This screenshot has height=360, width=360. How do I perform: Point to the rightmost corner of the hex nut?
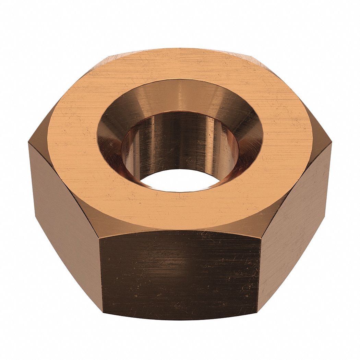coord(332,144)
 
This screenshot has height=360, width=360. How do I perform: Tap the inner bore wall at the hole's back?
coord(180,137)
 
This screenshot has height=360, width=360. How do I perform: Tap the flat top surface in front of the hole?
coord(180,211)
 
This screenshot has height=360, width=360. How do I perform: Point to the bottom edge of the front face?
coord(180,319)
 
